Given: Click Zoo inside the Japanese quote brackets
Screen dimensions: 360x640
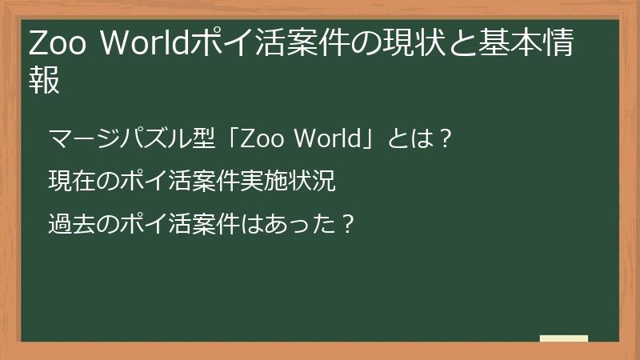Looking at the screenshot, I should pyautogui.click(x=261, y=140).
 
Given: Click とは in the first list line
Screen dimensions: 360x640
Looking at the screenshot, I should pyautogui.click(x=407, y=140).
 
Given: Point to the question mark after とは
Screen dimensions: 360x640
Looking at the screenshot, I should pyautogui.click(x=446, y=140).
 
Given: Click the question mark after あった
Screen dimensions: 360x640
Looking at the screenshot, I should pyautogui.click(x=347, y=223).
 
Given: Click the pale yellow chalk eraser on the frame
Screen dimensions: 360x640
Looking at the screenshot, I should pyautogui.click(x=564, y=339).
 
